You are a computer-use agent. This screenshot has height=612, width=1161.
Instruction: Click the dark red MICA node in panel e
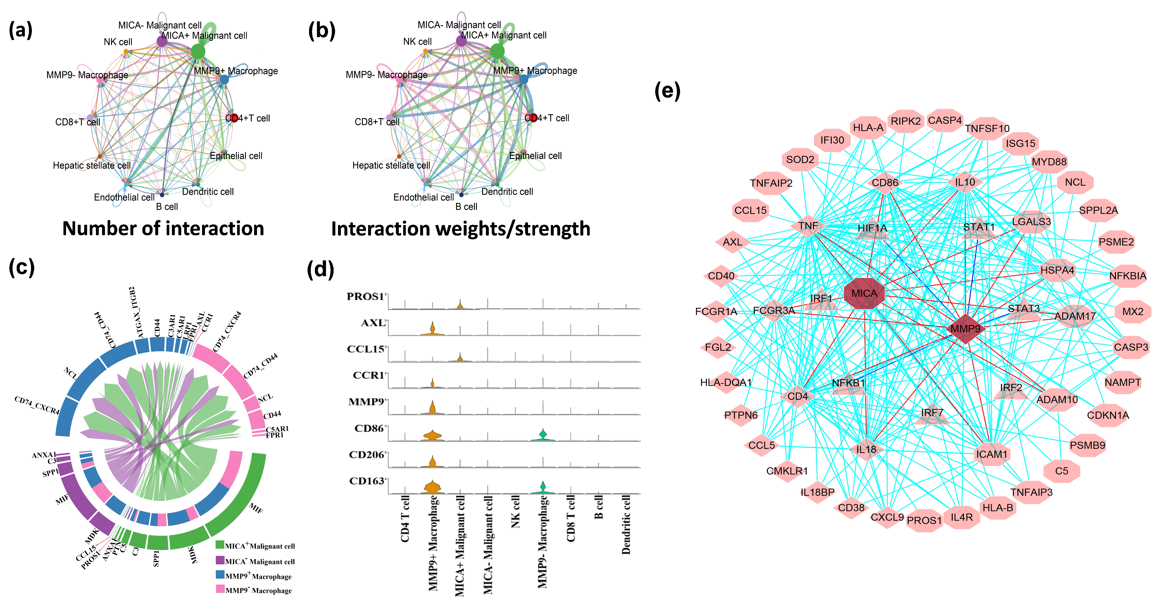point(864,293)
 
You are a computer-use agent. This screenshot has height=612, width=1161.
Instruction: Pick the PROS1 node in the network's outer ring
point(924,521)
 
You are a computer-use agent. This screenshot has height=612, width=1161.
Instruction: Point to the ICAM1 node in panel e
point(991,454)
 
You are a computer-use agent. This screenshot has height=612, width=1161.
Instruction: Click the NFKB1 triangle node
point(849,383)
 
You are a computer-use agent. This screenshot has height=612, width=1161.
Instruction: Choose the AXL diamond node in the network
point(732,242)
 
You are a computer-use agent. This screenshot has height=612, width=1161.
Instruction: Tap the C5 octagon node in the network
point(1061,471)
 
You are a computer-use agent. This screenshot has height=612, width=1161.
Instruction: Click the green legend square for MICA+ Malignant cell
point(220,545)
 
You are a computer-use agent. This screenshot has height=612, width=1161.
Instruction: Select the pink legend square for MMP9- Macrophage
point(220,589)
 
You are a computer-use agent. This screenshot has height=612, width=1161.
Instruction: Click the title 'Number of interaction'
point(163,229)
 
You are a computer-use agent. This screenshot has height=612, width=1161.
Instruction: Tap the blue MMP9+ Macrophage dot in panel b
point(523,79)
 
